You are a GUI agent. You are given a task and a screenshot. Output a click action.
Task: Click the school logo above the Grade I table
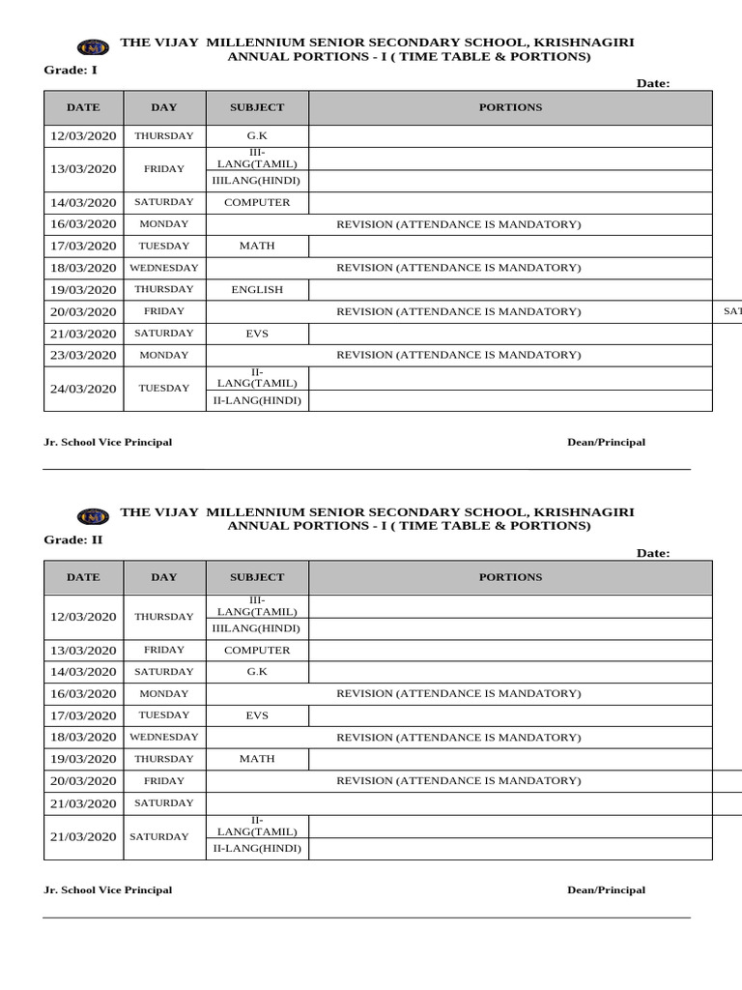click(93, 46)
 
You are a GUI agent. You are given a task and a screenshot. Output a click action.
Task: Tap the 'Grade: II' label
click(73, 539)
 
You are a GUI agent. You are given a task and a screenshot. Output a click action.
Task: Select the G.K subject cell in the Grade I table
click(257, 136)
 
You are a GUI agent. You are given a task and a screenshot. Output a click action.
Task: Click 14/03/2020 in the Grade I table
click(83, 203)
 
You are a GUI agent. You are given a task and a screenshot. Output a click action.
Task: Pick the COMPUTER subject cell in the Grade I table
click(257, 202)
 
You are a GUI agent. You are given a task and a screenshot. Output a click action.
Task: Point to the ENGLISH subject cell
click(257, 289)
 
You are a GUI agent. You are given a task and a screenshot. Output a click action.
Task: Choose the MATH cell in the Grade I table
click(257, 246)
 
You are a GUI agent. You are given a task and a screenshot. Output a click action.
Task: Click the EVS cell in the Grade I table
click(257, 333)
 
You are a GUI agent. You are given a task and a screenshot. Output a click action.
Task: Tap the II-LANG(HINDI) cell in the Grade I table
click(257, 400)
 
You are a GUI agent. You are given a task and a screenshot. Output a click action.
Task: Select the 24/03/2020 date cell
click(83, 389)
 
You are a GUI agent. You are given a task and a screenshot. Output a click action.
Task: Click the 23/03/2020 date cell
click(83, 355)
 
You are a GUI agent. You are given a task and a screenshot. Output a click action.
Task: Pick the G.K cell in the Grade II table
click(257, 671)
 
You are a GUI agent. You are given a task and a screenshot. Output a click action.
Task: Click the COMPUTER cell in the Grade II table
click(257, 650)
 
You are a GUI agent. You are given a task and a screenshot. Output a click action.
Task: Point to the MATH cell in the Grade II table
click(257, 759)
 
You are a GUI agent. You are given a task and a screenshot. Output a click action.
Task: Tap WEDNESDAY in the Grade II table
click(163, 737)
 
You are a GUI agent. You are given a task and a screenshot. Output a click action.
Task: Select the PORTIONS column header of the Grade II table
click(510, 577)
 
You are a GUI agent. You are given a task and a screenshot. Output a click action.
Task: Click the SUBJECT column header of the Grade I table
click(257, 107)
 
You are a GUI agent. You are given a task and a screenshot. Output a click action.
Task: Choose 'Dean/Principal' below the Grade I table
click(606, 442)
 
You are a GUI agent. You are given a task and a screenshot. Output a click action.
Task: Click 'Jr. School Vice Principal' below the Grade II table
click(108, 889)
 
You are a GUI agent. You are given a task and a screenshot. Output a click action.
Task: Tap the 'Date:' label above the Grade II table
click(653, 553)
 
